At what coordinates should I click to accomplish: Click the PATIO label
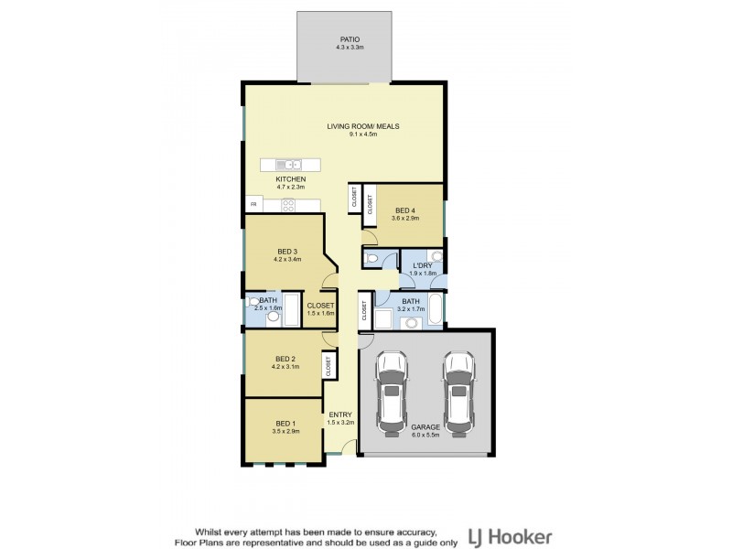point(350,39)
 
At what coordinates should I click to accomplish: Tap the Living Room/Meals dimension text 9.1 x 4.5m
point(363,135)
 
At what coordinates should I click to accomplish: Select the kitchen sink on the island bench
point(288,165)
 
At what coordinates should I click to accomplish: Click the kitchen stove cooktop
point(288,205)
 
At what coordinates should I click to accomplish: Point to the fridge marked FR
point(254,204)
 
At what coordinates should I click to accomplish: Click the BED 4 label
point(405,210)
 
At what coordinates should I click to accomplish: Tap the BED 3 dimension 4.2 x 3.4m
point(287,259)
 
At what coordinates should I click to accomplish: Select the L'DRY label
point(423,265)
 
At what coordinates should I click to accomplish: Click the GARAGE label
point(425,427)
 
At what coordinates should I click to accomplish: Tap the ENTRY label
point(340,414)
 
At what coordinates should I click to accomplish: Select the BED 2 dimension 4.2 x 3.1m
point(285,367)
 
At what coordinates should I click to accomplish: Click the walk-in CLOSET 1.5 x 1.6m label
point(321,306)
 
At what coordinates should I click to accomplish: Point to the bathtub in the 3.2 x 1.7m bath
point(436,308)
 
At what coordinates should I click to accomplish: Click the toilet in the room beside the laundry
point(371,258)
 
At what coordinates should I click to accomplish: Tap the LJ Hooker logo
point(510,538)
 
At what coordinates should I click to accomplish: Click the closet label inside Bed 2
point(328,366)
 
